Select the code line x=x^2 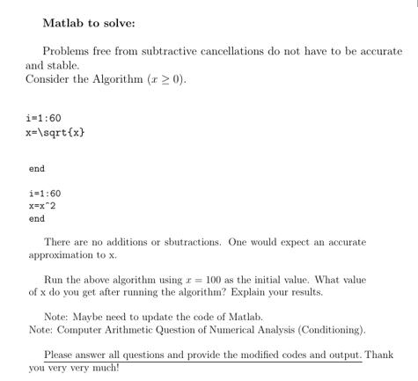(x=44, y=205)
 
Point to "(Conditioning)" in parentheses (x=328, y=329)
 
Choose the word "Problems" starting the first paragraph (x=66, y=51)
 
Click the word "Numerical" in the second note (x=230, y=329)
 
